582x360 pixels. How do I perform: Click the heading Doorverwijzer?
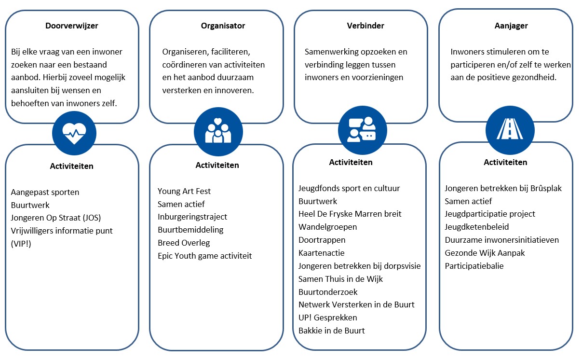click(x=72, y=26)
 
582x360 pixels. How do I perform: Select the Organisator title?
click(x=223, y=26)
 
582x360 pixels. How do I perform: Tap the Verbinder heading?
click(x=365, y=26)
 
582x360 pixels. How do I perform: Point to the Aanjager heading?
click(x=511, y=26)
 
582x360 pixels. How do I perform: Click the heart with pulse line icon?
click(x=74, y=133)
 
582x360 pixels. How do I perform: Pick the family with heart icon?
click(x=218, y=131)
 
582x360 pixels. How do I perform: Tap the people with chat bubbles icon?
click(x=362, y=129)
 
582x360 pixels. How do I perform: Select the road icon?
click(x=510, y=129)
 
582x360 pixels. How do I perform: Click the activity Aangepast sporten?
click(x=45, y=192)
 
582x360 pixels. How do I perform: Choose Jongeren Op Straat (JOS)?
click(x=56, y=218)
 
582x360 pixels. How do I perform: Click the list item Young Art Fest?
click(x=184, y=191)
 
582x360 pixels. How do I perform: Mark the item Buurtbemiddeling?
click(x=190, y=230)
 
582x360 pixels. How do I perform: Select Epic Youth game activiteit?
click(x=205, y=256)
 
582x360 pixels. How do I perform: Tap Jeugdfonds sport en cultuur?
click(x=349, y=188)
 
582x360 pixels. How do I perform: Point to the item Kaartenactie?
click(x=322, y=253)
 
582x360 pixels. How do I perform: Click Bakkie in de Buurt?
click(x=332, y=331)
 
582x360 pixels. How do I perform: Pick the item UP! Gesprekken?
click(x=327, y=318)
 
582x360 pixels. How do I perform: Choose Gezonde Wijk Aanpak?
click(x=485, y=253)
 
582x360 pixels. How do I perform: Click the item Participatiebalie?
click(x=474, y=266)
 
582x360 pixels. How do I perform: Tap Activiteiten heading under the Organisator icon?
click(x=217, y=165)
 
